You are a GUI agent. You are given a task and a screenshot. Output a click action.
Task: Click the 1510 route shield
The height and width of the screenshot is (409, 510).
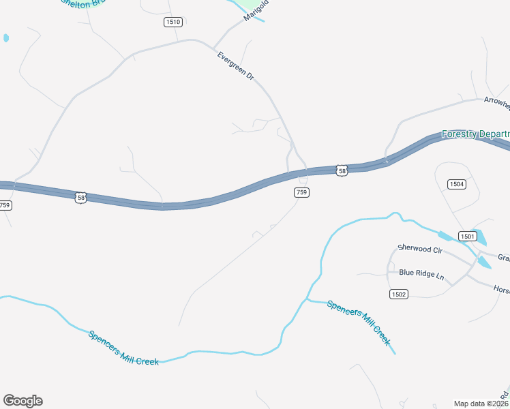pos(173,22)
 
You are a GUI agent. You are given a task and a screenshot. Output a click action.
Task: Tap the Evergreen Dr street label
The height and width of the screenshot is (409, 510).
pos(235,67)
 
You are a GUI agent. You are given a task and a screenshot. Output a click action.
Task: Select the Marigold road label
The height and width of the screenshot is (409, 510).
pos(256,12)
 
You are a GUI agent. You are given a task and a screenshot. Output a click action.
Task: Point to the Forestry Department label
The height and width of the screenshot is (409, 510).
pos(475,134)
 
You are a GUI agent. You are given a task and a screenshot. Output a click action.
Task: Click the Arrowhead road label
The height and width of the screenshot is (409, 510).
pos(496,102)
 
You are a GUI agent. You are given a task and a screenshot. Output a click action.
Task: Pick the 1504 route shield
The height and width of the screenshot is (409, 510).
pos(457,184)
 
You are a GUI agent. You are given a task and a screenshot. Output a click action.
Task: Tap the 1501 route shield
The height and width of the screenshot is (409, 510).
pos(467,236)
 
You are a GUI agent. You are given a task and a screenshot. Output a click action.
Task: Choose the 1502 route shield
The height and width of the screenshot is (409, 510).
pos(399,294)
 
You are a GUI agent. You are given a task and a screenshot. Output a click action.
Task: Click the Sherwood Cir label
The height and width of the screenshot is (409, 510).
pos(420,250)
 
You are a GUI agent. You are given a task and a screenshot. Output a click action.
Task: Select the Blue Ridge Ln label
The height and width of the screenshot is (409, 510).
pos(421,273)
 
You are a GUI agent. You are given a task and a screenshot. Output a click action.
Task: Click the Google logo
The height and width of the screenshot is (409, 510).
pos(22,401)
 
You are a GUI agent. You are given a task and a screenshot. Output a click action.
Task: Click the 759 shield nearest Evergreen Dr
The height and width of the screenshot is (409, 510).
pos(302,193)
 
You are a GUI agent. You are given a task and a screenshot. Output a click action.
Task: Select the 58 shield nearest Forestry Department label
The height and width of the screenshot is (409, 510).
pos(342,170)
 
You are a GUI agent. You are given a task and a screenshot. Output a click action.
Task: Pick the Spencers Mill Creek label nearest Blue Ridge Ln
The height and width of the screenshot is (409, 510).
pos(359,322)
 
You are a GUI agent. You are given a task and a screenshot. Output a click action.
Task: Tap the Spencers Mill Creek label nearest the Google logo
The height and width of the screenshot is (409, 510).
pos(123,348)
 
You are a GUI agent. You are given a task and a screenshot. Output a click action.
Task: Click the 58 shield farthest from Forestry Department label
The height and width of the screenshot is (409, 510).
pos(81,198)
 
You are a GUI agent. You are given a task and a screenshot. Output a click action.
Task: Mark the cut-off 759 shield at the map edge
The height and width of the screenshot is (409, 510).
pos(5,205)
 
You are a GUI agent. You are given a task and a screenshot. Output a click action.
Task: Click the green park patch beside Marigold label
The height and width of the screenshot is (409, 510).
pos(239,5)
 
